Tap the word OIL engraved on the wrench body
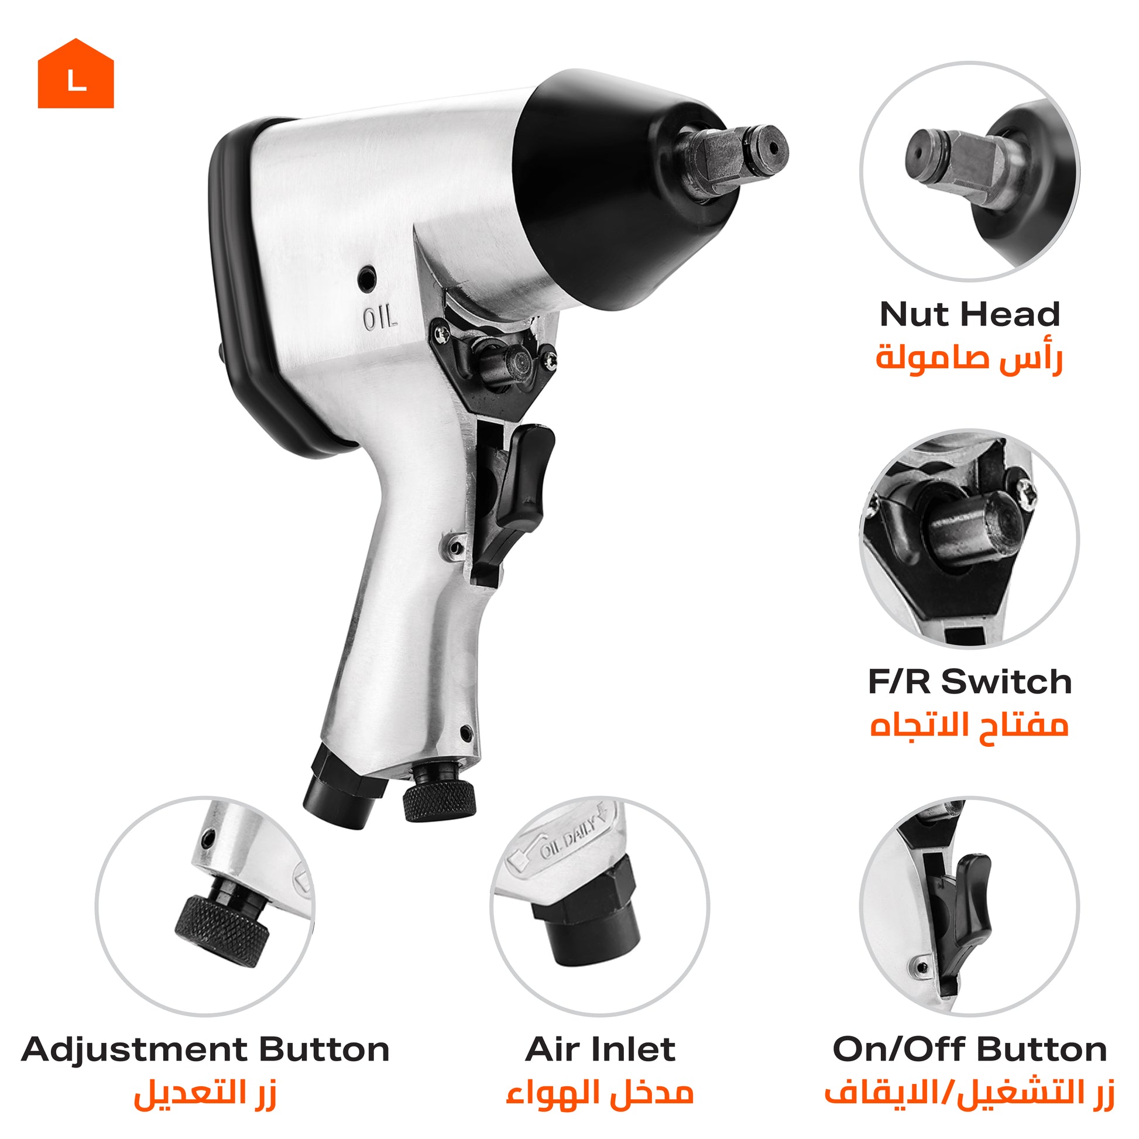click(x=380, y=319)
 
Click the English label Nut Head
click(x=969, y=314)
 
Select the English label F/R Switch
click(x=969, y=681)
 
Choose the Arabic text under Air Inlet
click(x=599, y=1092)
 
